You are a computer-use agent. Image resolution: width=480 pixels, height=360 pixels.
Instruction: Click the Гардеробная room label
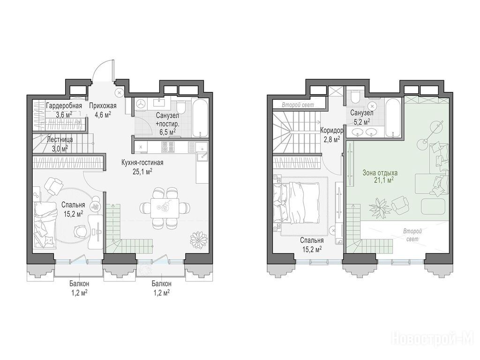pos(64,106)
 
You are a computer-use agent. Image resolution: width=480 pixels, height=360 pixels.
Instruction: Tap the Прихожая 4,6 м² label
pos(103,110)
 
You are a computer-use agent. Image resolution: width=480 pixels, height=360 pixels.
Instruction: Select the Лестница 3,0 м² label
pos(60,144)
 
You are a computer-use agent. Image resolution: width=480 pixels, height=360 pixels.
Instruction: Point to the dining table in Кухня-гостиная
pos(165,208)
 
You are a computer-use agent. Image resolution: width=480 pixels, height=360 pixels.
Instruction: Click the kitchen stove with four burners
pos(168,147)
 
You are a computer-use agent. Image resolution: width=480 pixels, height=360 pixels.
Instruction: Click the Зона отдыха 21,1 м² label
pos(380,177)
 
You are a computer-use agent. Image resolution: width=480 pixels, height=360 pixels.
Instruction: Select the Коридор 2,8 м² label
pos(331,135)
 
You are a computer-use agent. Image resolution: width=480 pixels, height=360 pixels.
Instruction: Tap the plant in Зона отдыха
pos(380,206)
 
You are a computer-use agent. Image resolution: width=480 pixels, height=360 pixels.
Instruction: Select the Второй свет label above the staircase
pos(298,105)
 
